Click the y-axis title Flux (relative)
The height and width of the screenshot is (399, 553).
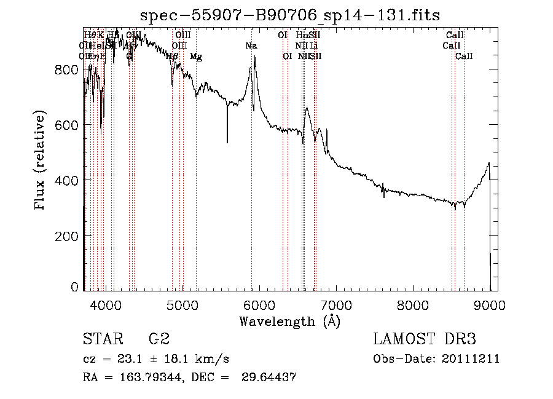click(x=41, y=161)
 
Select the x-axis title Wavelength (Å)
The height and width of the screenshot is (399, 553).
click(x=289, y=321)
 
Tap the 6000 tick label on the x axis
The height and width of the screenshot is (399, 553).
click(x=259, y=305)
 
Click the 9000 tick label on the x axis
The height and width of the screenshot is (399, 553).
click(x=490, y=305)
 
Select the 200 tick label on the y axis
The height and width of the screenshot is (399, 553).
click(x=66, y=235)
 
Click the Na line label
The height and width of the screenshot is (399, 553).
click(x=251, y=45)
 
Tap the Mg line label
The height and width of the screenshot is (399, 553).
click(x=196, y=57)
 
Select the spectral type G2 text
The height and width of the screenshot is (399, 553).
click(x=159, y=339)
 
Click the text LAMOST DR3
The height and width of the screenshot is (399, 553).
click(x=424, y=339)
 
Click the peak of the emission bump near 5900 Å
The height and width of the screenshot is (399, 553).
click(x=254, y=57)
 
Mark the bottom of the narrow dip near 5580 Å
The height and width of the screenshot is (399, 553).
click(x=227, y=143)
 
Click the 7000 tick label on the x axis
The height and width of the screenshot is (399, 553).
click(x=336, y=305)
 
